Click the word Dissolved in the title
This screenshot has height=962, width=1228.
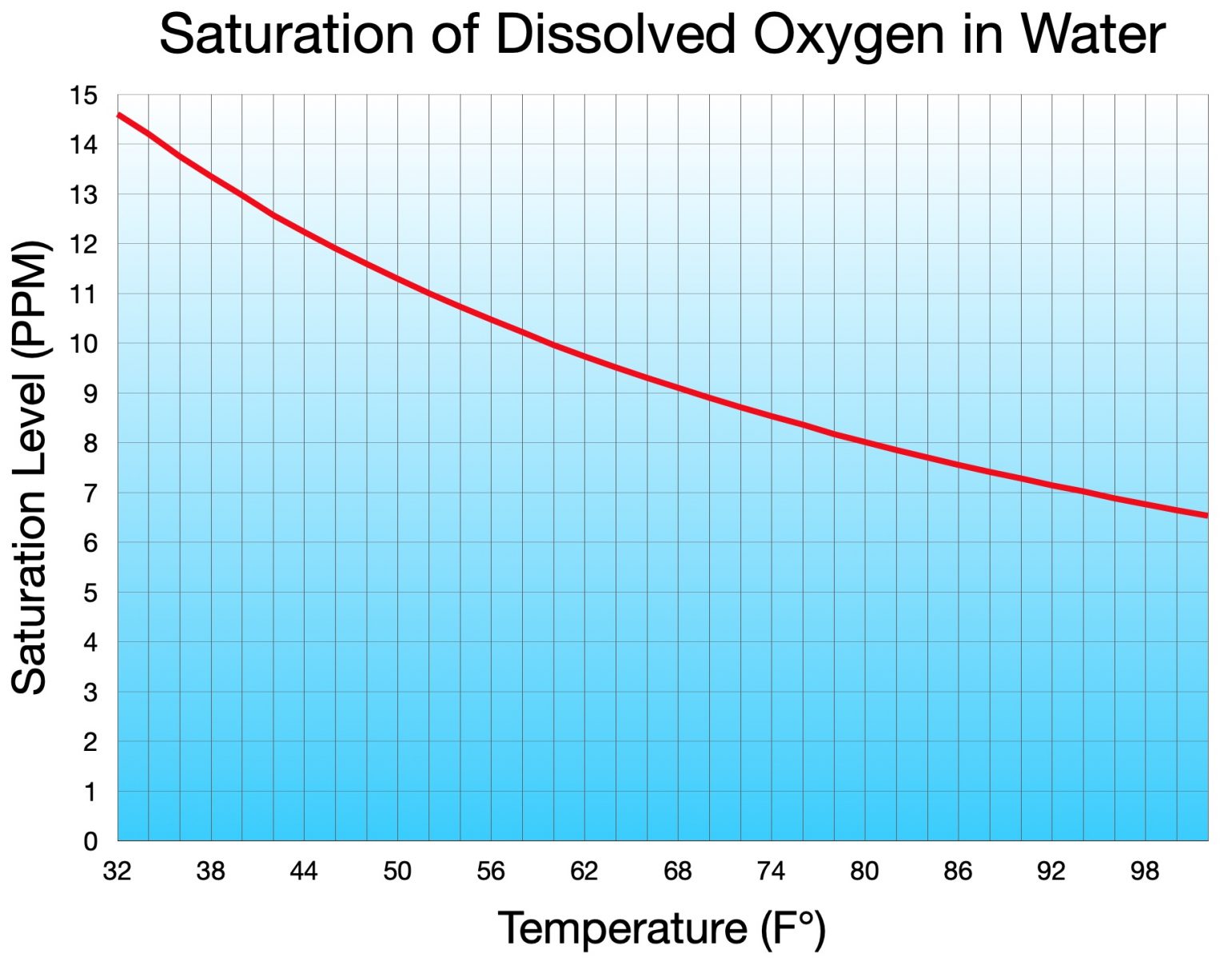(x=616, y=34)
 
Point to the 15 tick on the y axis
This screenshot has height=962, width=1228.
(x=83, y=96)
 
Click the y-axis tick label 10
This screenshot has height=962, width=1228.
(x=83, y=345)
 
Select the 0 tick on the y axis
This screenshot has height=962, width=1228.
(x=90, y=841)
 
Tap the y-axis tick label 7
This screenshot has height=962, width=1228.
(x=90, y=493)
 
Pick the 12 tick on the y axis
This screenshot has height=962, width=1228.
(x=83, y=245)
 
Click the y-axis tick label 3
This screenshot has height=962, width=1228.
(x=90, y=693)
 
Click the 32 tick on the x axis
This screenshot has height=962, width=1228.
(x=117, y=871)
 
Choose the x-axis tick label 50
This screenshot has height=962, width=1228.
(x=397, y=871)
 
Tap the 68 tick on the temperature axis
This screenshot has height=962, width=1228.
(x=677, y=871)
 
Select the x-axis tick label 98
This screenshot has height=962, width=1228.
(x=1144, y=871)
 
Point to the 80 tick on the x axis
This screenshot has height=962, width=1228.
(x=864, y=871)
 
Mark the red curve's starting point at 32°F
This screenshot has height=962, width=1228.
(x=119, y=115)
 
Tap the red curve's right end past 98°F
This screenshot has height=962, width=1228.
(x=1205, y=516)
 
